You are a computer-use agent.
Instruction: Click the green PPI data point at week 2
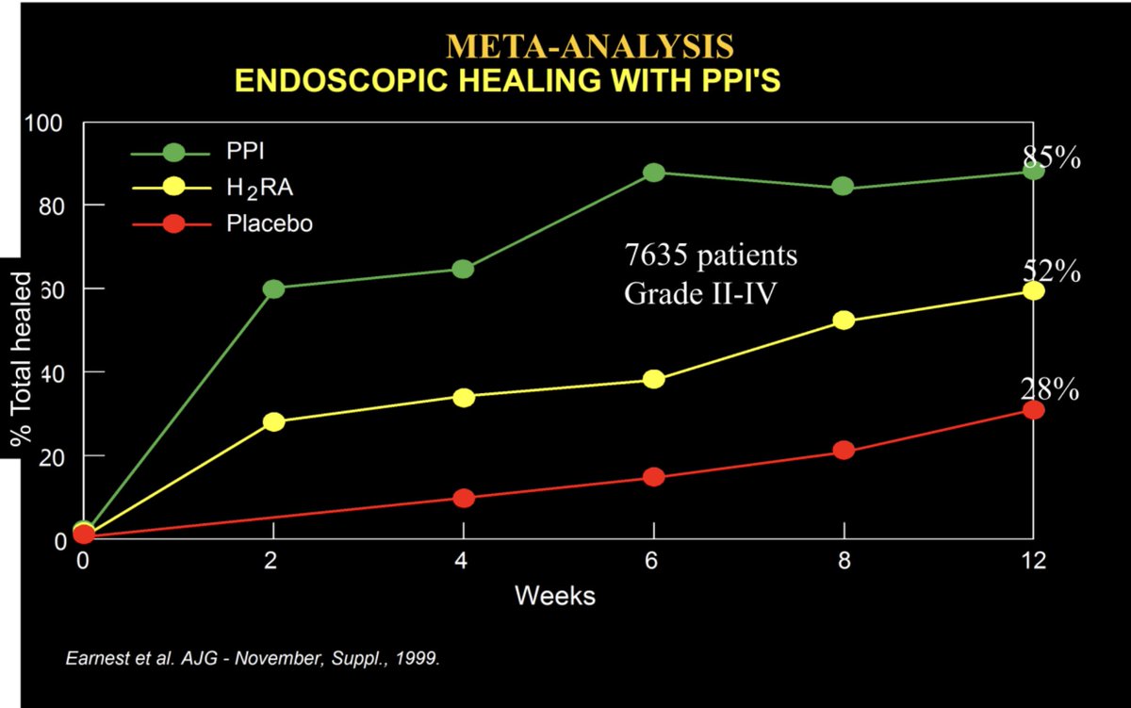tap(273, 288)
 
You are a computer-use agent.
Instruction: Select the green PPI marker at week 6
tap(654, 173)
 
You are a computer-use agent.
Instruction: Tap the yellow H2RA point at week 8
tap(844, 321)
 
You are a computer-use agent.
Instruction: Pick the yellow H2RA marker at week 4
tap(463, 397)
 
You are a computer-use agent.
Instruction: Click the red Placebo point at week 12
tap(1033, 410)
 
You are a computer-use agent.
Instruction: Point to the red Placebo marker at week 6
tap(654, 477)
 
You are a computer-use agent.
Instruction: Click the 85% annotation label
tap(1051, 157)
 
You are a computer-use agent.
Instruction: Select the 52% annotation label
tap(1051, 272)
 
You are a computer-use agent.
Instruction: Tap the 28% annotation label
tap(1049, 388)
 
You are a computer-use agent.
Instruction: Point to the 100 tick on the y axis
tap(46, 123)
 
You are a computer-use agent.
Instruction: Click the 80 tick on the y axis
tap(51, 206)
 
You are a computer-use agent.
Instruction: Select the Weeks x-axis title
tap(554, 596)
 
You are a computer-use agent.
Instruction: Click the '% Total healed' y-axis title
tap(20, 358)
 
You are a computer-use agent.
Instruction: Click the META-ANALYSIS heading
tap(589, 46)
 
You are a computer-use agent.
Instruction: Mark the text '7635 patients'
tap(711, 255)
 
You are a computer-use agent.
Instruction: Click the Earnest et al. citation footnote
tap(253, 658)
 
